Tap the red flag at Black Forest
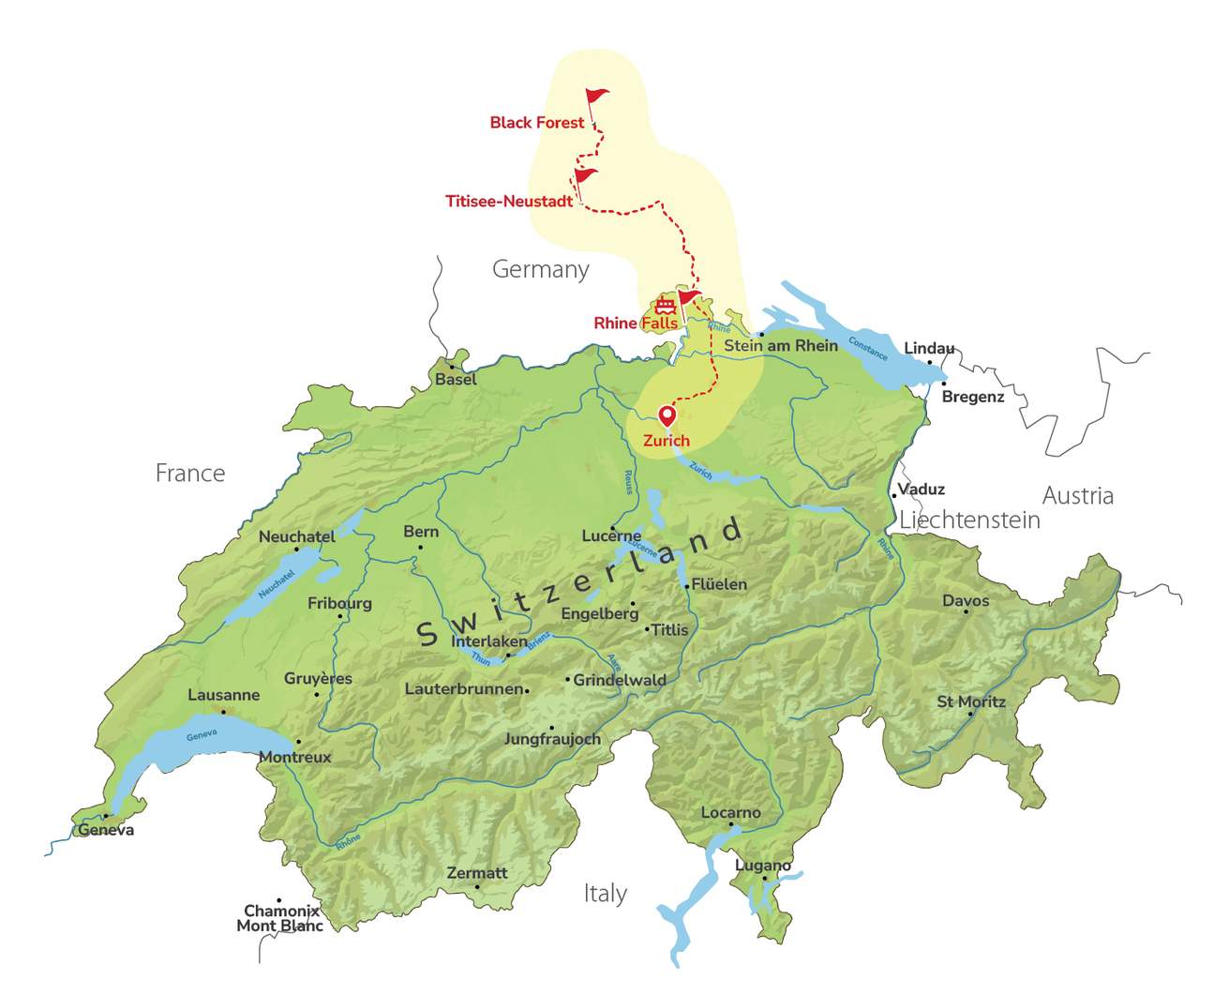click(596, 97)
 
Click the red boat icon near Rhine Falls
click(665, 305)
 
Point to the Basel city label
click(456, 380)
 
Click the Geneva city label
click(106, 830)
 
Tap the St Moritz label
click(971, 701)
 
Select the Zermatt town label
click(477, 873)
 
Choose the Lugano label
click(763, 866)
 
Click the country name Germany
click(541, 270)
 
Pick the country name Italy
click(605, 894)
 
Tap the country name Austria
click(1078, 496)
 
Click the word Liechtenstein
click(970, 520)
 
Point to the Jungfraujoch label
click(552, 739)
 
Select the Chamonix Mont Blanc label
click(280, 918)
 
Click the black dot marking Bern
click(420, 547)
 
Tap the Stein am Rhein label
click(781, 346)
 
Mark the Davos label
click(966, 601)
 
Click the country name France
click(190, 474)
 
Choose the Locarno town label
click(731, 813)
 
